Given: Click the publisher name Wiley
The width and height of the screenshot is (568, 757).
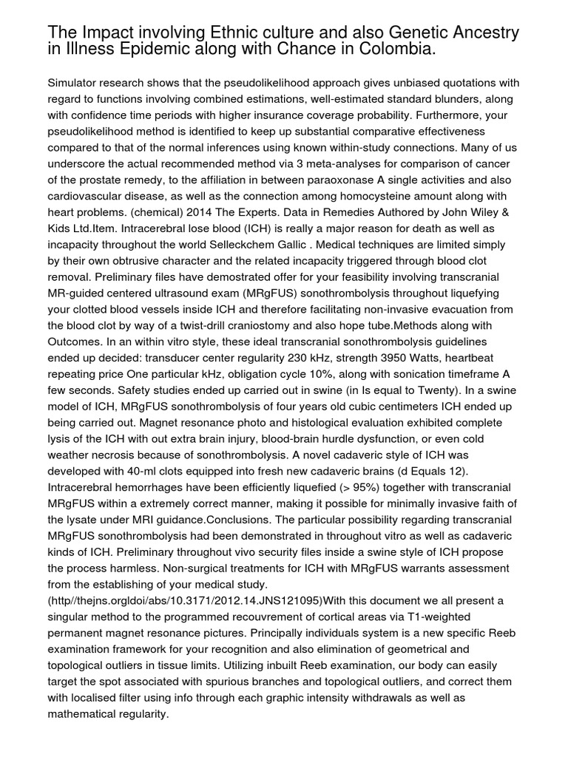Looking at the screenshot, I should click(472, 212).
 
